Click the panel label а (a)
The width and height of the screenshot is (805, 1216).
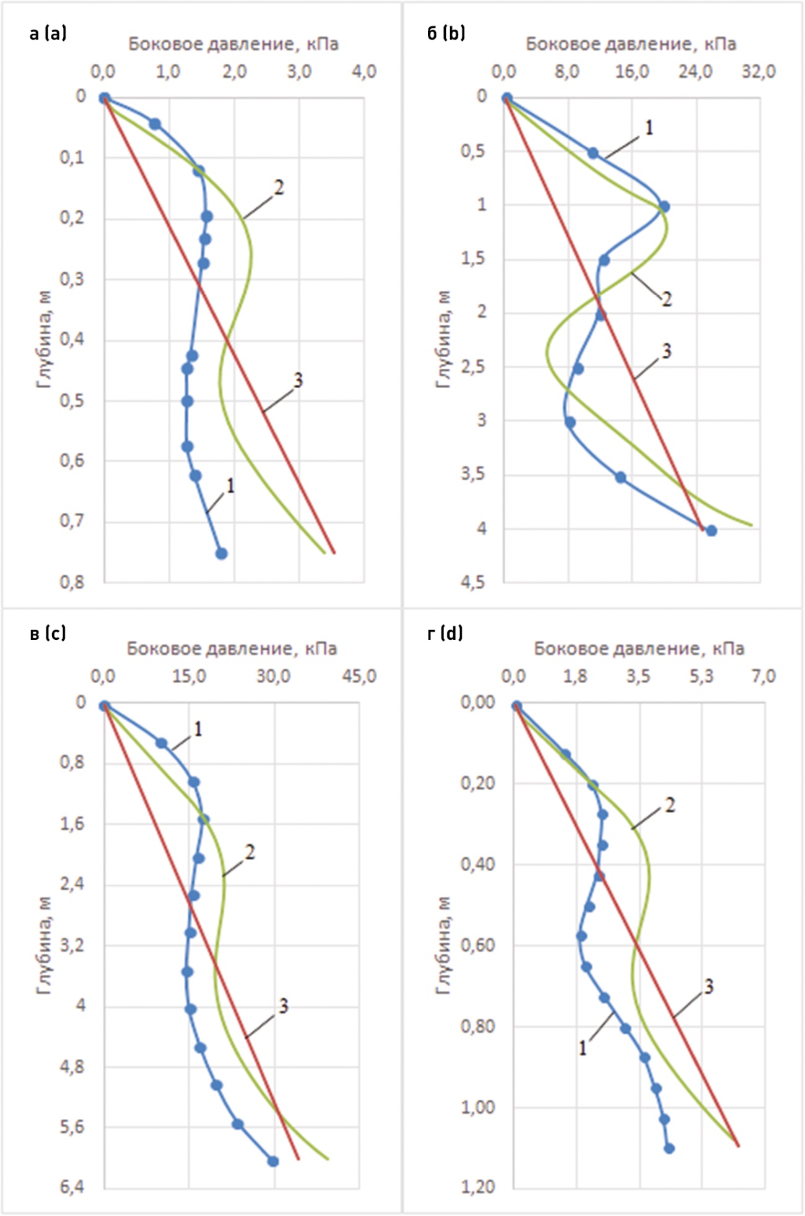point(48,33)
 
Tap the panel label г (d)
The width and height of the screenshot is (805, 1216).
point(445,633)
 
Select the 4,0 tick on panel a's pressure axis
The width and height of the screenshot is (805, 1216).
point(363,72)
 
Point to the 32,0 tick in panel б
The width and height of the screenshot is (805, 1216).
point(759,72)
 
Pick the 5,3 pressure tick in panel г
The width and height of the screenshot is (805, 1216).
point(701,676)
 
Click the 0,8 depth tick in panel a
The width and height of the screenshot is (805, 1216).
point(72,582)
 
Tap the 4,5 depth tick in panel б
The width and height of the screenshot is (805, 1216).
point(472,582)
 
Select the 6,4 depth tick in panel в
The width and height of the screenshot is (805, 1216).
point(72,1187)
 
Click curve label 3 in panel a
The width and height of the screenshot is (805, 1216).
point(298,381)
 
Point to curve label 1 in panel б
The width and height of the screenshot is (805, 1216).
point(649,128)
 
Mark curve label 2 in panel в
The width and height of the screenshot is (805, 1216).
point(250,853)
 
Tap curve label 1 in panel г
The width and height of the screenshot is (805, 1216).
point(582,1048)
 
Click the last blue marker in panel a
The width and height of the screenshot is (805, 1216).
point(221,553)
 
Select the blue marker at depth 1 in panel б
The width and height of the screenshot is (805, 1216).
point(664,206)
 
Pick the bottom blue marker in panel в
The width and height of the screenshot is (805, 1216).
point(272,1161)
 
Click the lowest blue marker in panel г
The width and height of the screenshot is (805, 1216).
point(669,1148)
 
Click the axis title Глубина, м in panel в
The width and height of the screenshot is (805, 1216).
point(44,947)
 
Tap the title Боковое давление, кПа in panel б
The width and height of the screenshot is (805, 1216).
point(631,44)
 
